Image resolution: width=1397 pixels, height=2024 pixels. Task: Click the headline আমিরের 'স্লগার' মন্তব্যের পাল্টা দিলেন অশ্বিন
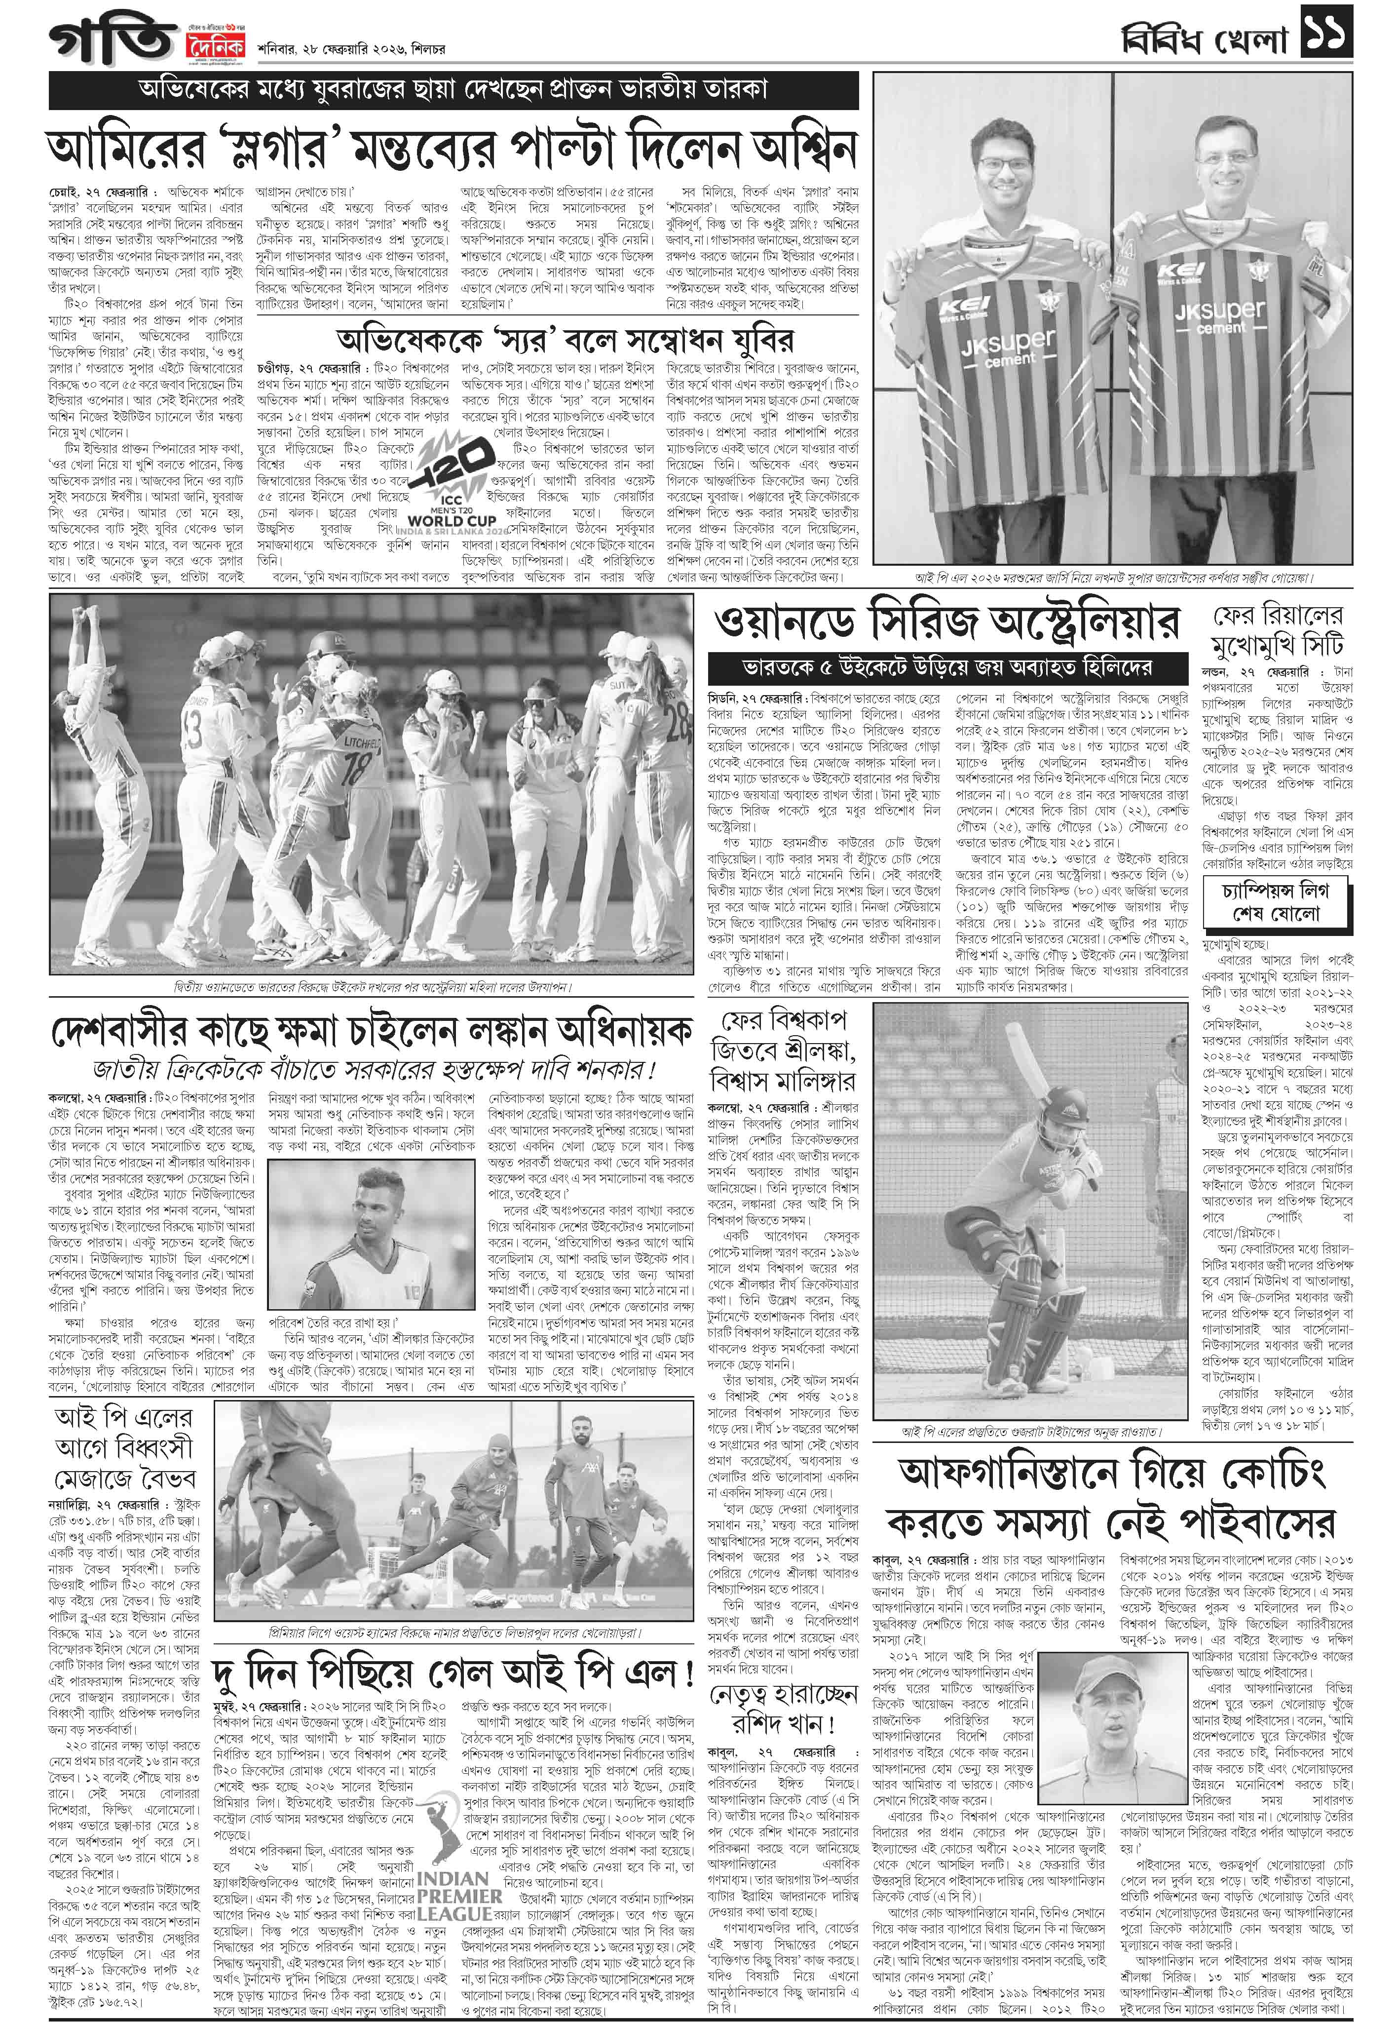pos(452,148)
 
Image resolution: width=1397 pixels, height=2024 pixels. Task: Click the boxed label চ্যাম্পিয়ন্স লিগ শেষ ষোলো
pos(1275,902)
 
